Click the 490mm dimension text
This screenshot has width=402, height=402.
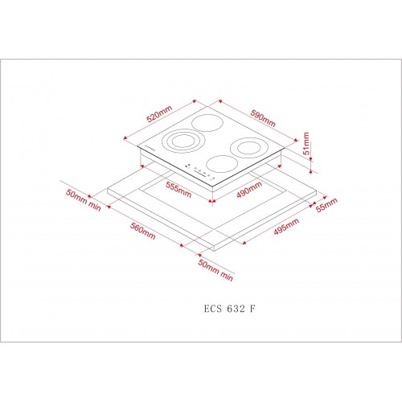pyautogui.click(x=249, y=190)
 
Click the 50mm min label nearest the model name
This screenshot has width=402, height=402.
pyautogui.click(x=214, y=272)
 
